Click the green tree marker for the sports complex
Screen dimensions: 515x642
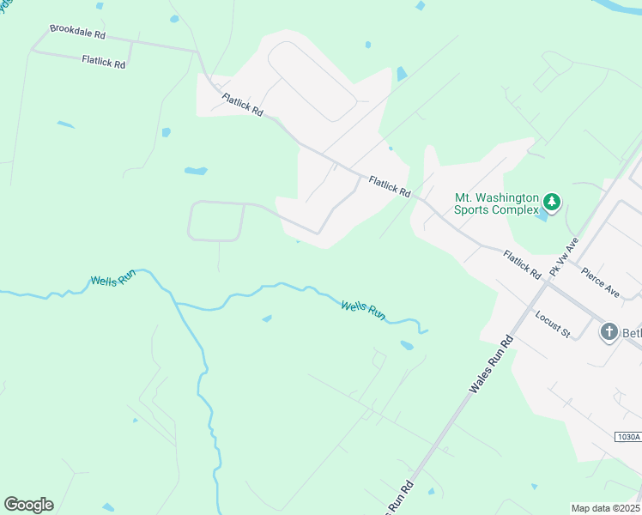(x=552, y=203)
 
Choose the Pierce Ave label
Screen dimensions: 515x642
(x=600, y=281)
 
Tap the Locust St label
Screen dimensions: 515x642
(x=553, y=324)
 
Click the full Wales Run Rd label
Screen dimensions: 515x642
(x=491, y=365)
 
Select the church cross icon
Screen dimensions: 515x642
(x=609, y=331)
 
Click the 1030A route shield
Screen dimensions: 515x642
(x=627, y=437)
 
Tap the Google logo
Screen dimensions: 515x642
(x=28, y=505)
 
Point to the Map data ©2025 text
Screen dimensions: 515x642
(x=605, y=508)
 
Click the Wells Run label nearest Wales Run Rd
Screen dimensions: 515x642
(x=363, y=310)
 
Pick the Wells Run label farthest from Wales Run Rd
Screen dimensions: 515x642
(x=113, y=281)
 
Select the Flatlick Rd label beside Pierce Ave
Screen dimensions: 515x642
(x=523, y=264)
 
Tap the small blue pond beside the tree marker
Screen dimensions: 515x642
(x=541, y=215)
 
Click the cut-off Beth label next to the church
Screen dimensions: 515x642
(x=632, y=332)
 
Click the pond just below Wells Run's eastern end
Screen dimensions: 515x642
(x=407, y=346)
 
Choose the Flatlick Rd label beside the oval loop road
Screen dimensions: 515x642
(x=242, y=106)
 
